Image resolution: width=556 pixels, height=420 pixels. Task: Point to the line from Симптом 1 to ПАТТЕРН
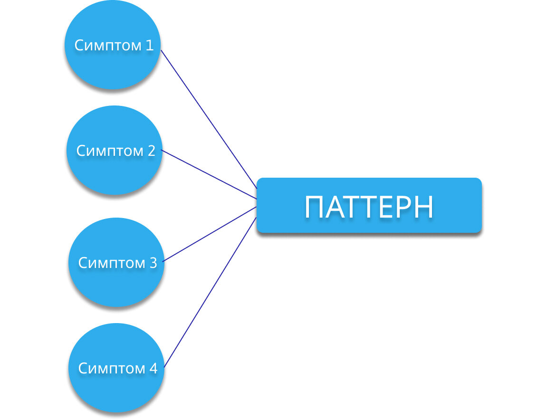(x=209, y=119)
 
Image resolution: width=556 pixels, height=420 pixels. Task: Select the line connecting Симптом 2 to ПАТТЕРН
(x=209, y=174)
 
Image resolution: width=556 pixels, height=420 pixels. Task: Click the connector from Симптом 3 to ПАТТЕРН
(x=209, y=234)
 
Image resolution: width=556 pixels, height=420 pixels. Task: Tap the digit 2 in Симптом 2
(x=151, y=151)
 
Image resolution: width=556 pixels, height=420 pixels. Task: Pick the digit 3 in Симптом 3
(x=153, y=263)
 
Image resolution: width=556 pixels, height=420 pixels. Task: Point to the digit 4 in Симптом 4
(x=153, y=368)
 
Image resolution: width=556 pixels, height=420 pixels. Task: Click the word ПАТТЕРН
(x=369, y=207)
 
